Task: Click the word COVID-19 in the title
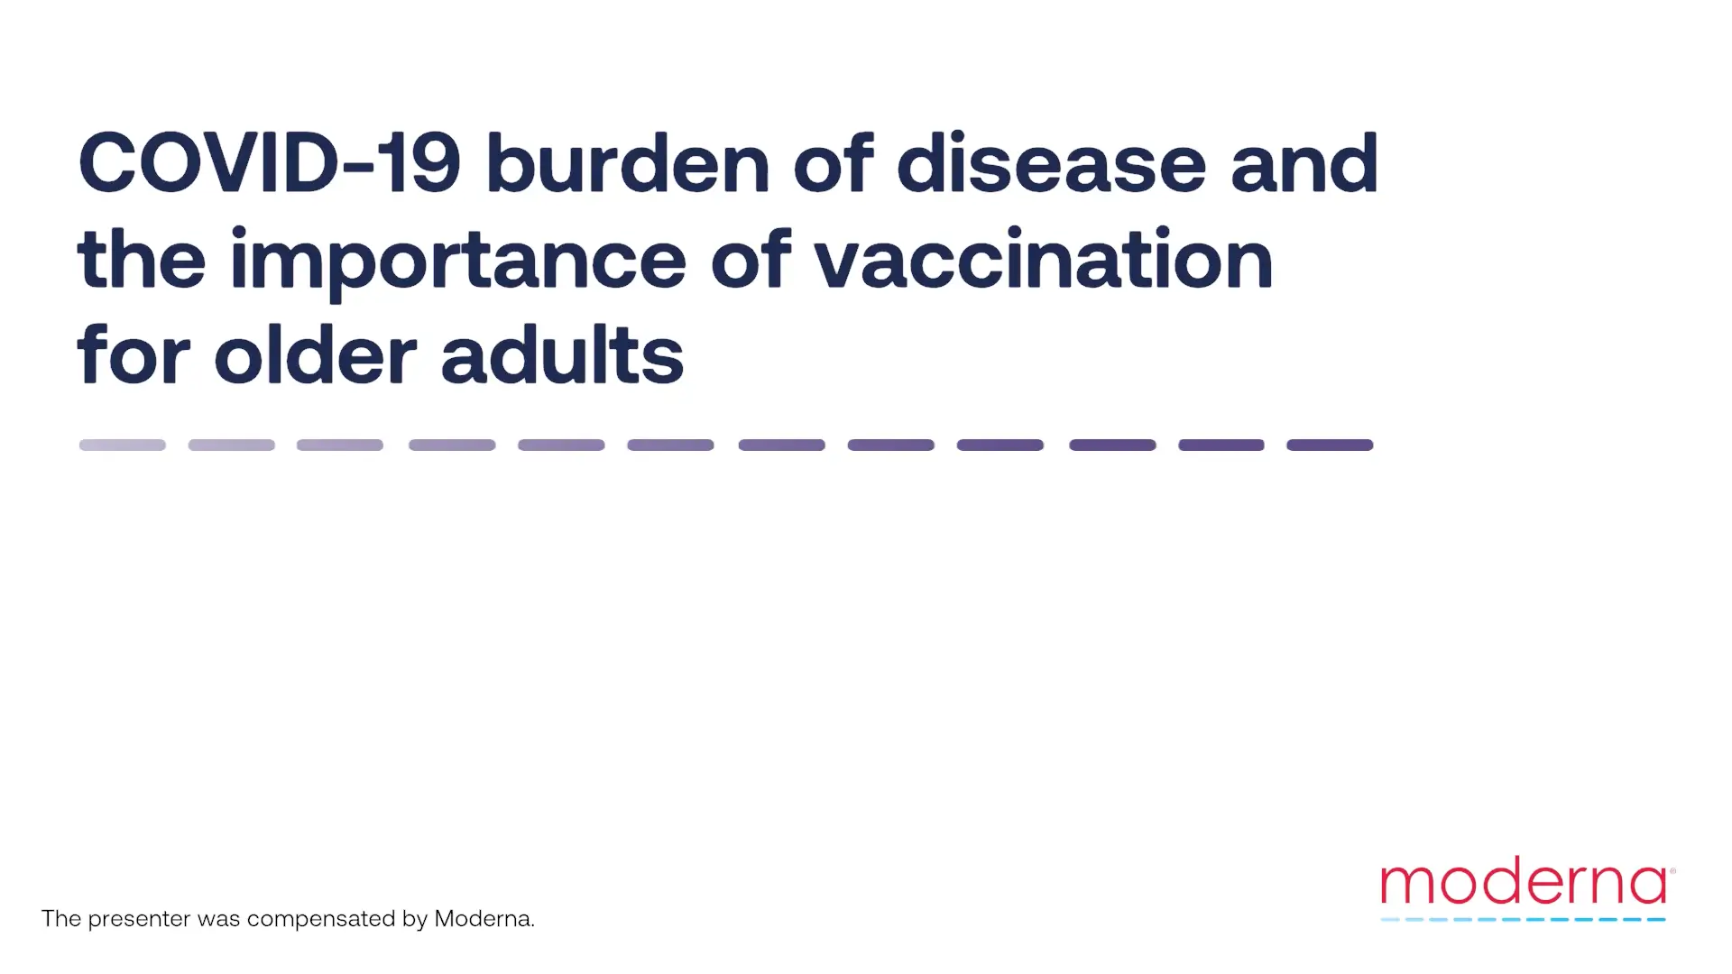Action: (x=270, y=163)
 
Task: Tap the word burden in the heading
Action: (x=628, y=162)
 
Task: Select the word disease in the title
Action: (x=1052, y=162)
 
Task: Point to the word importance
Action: (x=458, y=262)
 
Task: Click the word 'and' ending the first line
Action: (x=1304, y=162)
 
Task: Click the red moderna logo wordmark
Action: (x=1524, y=880)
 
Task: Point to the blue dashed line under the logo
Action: (x=1523, y=920)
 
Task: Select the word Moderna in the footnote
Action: (x=484, y=918)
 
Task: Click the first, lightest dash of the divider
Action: (x=123, y=445)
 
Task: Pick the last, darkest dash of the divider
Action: (x=1330, y=445)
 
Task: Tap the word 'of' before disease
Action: (x=834, y=162)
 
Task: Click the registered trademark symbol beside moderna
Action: (x=1672, y=871)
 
